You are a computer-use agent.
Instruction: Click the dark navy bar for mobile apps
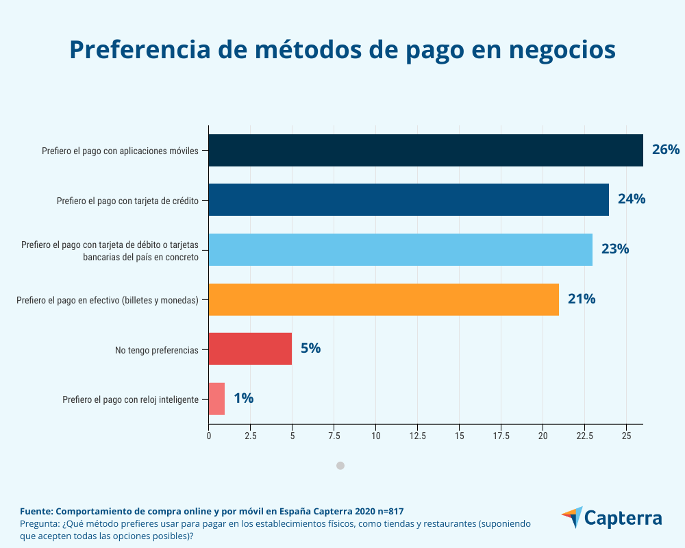pos(425,150)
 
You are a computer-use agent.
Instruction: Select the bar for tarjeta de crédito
pos(408,199)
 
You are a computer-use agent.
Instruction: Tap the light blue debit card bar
pos(400,249)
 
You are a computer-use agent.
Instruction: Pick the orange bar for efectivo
pos(384,299)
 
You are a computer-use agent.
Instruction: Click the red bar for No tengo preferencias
pos(250,349)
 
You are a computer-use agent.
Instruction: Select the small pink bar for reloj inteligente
pos(216,399)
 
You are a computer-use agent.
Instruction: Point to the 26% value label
pos(665,150)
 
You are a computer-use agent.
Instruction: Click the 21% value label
pos(581,299)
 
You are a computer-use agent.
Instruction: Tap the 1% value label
pos(243,399)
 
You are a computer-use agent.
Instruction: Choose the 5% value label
pos(310,349)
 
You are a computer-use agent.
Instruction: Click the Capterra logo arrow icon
pos(572,517)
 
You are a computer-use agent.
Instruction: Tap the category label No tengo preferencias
pos(157,350)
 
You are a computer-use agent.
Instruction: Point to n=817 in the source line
pos(386,512)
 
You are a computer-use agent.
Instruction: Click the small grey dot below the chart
pos(340,466)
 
